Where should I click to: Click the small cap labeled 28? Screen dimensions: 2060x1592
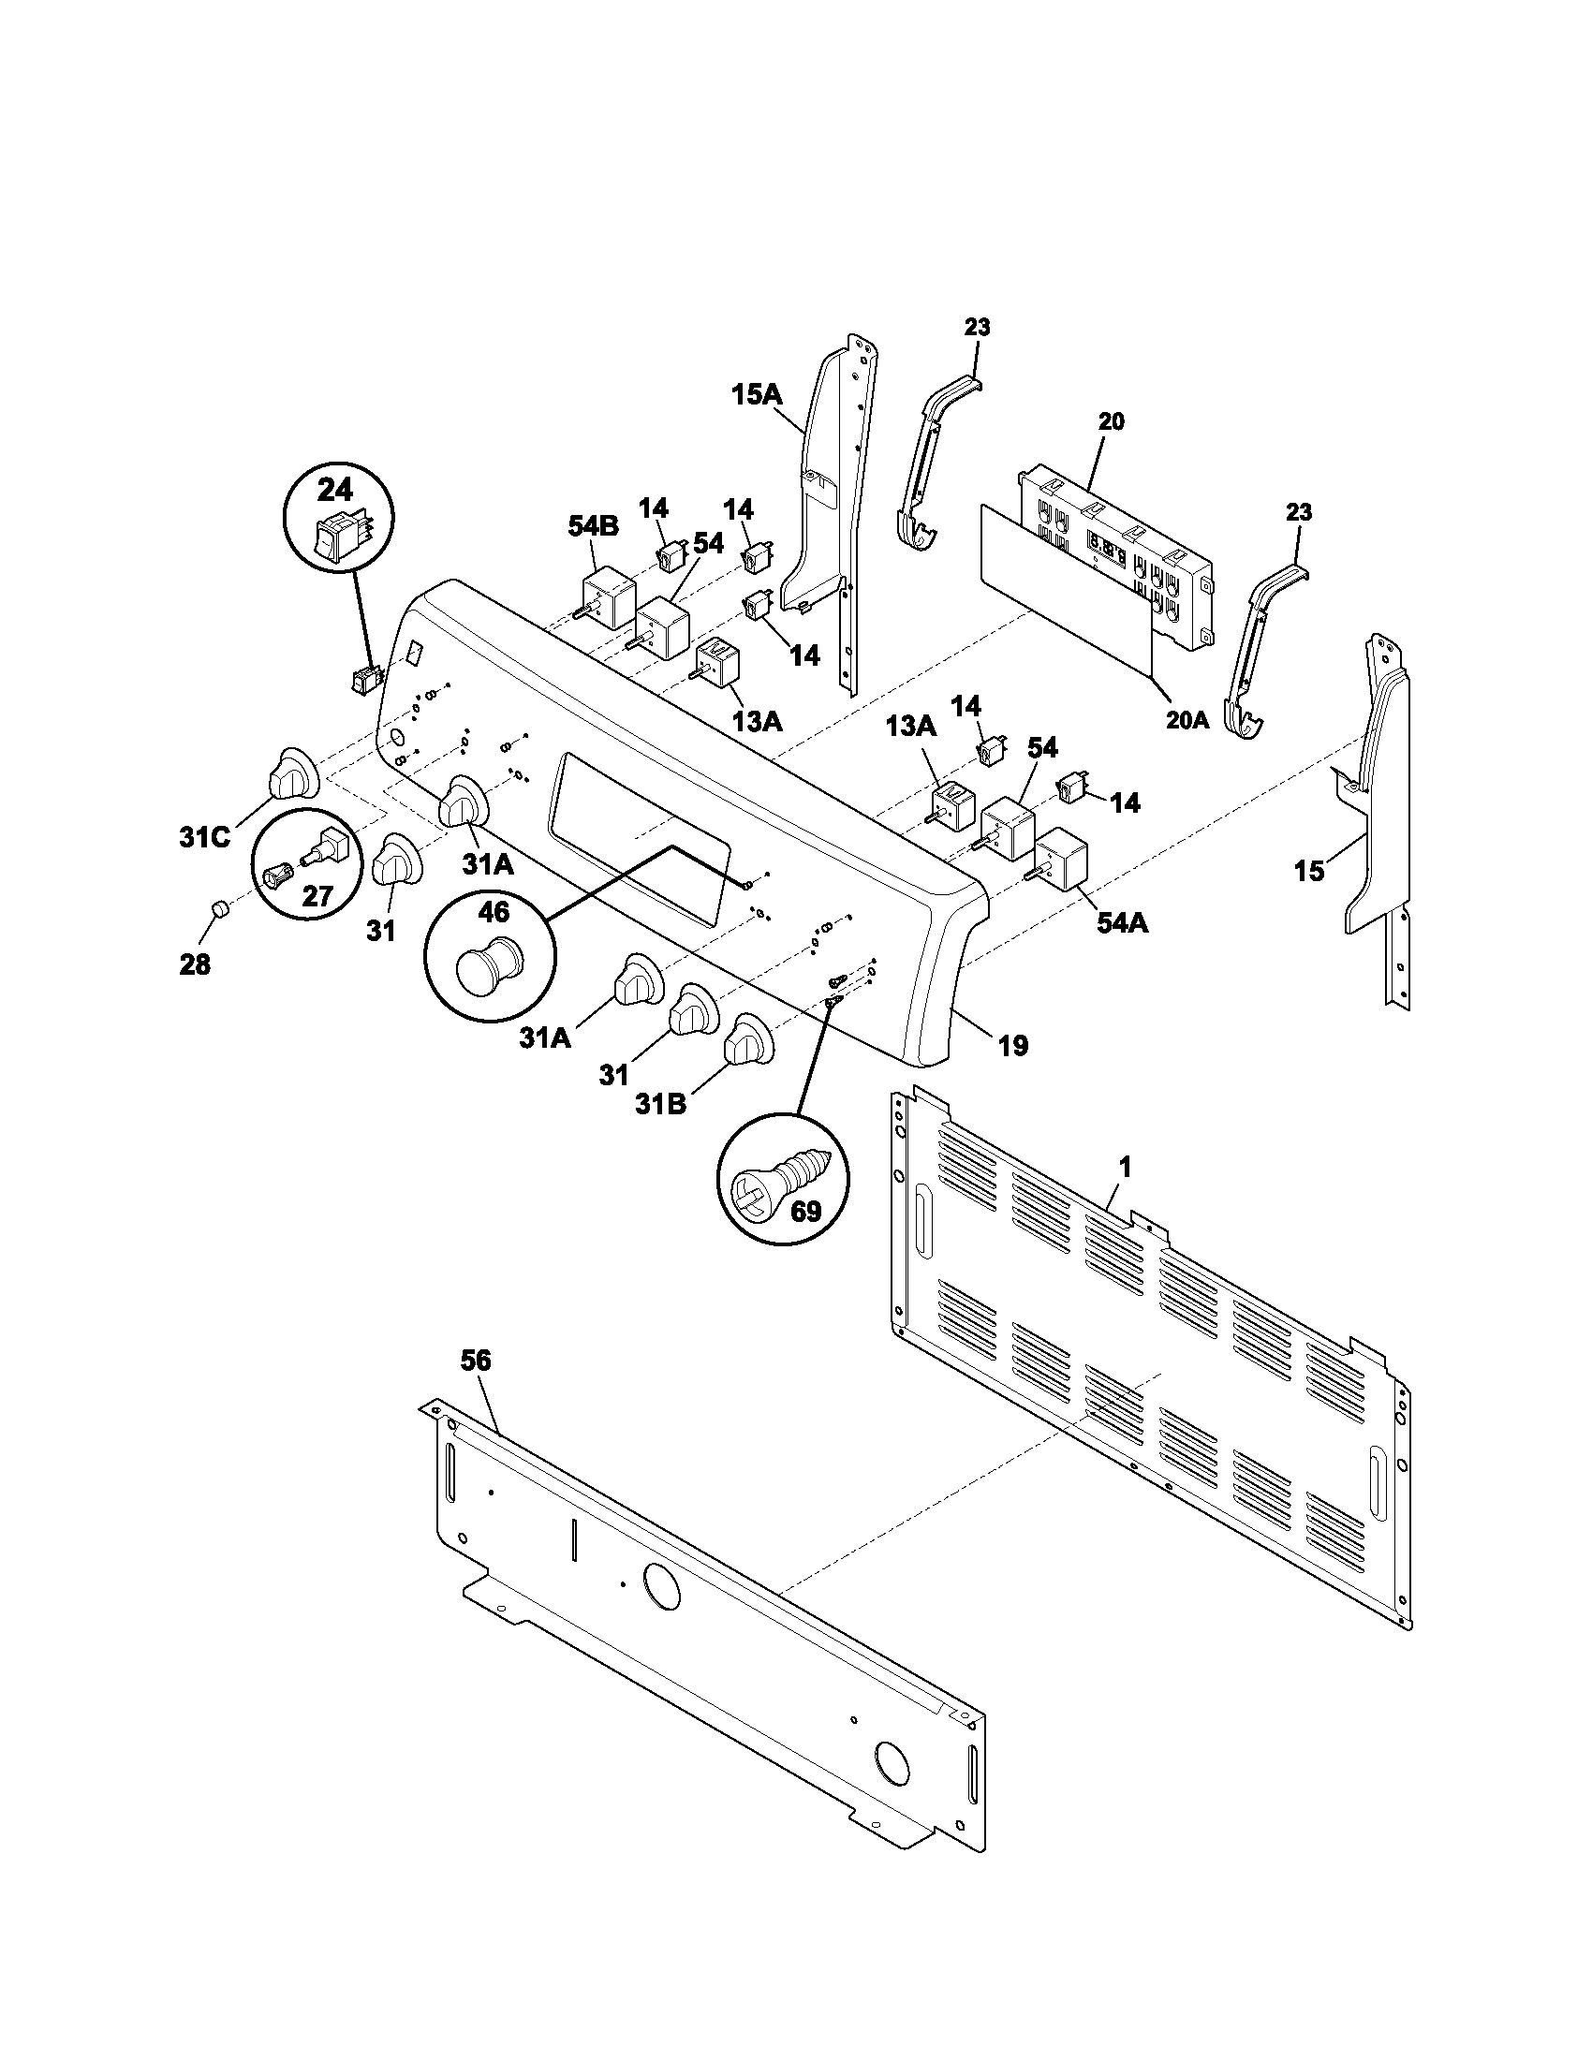tap(218, 909)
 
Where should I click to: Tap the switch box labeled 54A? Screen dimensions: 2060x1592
tap(1061, 858)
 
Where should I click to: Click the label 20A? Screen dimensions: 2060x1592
tap(1187, 720)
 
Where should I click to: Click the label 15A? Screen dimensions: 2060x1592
tap(758, 394)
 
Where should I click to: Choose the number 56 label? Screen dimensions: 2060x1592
tap(476, 1361)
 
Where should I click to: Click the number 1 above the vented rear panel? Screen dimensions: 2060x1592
tap(1124, 1168)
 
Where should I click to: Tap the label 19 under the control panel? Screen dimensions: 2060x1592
tap(1013, 1045)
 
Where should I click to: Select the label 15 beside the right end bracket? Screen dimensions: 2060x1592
tap(1309, 871)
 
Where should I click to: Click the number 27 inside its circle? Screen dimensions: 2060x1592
tap(317, 895)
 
